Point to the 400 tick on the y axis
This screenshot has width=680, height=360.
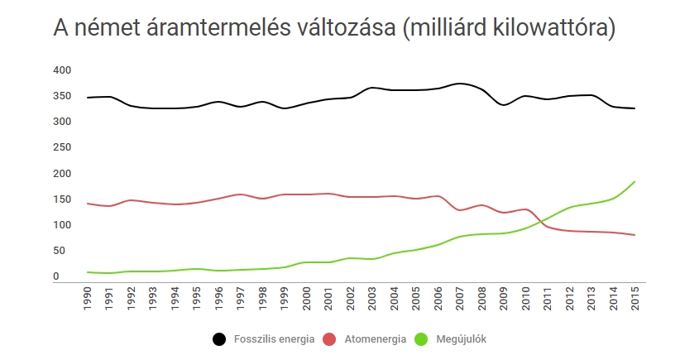pyautogui.click(x=61, y=70)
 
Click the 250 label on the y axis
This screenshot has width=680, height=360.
pyautogui.click(x=61, y=147)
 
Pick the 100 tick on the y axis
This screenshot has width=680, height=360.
pyautogui.click(x=61, y=225)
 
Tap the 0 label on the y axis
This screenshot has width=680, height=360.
pyautogui.click(x=55, y=276)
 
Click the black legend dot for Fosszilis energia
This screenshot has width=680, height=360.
pyautogui.click(x=219, y=339)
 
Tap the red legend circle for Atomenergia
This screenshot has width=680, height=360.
pyautogui.click(x=329, y=339)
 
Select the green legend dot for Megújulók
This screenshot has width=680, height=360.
pyautogui.click(x=420, y=339)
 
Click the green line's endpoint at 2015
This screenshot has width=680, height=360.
pyautogui.click(x=635, y=181)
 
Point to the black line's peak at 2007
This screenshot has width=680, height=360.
pyautogui.click(x=461, y=84)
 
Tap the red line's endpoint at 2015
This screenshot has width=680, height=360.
pyautogui.click(x=635, y=235)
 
